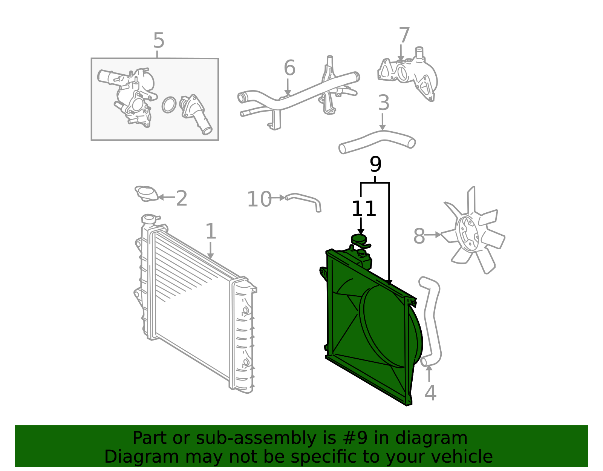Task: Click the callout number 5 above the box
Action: pos(159,40)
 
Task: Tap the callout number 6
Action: pos(289,68)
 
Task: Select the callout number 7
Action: pos(404,35)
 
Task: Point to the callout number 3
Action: pos(384,103)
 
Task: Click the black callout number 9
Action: pos(375,164)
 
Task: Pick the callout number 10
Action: pos(259,199)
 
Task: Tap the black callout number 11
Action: pos(364,209)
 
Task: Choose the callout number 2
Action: pos(182,198)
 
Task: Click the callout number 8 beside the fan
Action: pos(419,236)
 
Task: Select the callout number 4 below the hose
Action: pos(430,393)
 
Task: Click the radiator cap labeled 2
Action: pos(147,194)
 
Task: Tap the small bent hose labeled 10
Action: pos(303,202)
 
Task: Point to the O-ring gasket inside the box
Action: pos(169,105)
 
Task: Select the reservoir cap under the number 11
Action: pos(359,239)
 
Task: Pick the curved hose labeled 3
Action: pos(377,141)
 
